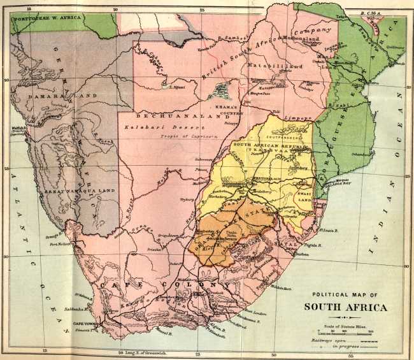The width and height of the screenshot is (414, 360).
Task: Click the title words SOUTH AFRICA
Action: click(344, 306)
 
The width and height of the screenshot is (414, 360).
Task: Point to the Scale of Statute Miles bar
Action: click(344, 331)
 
